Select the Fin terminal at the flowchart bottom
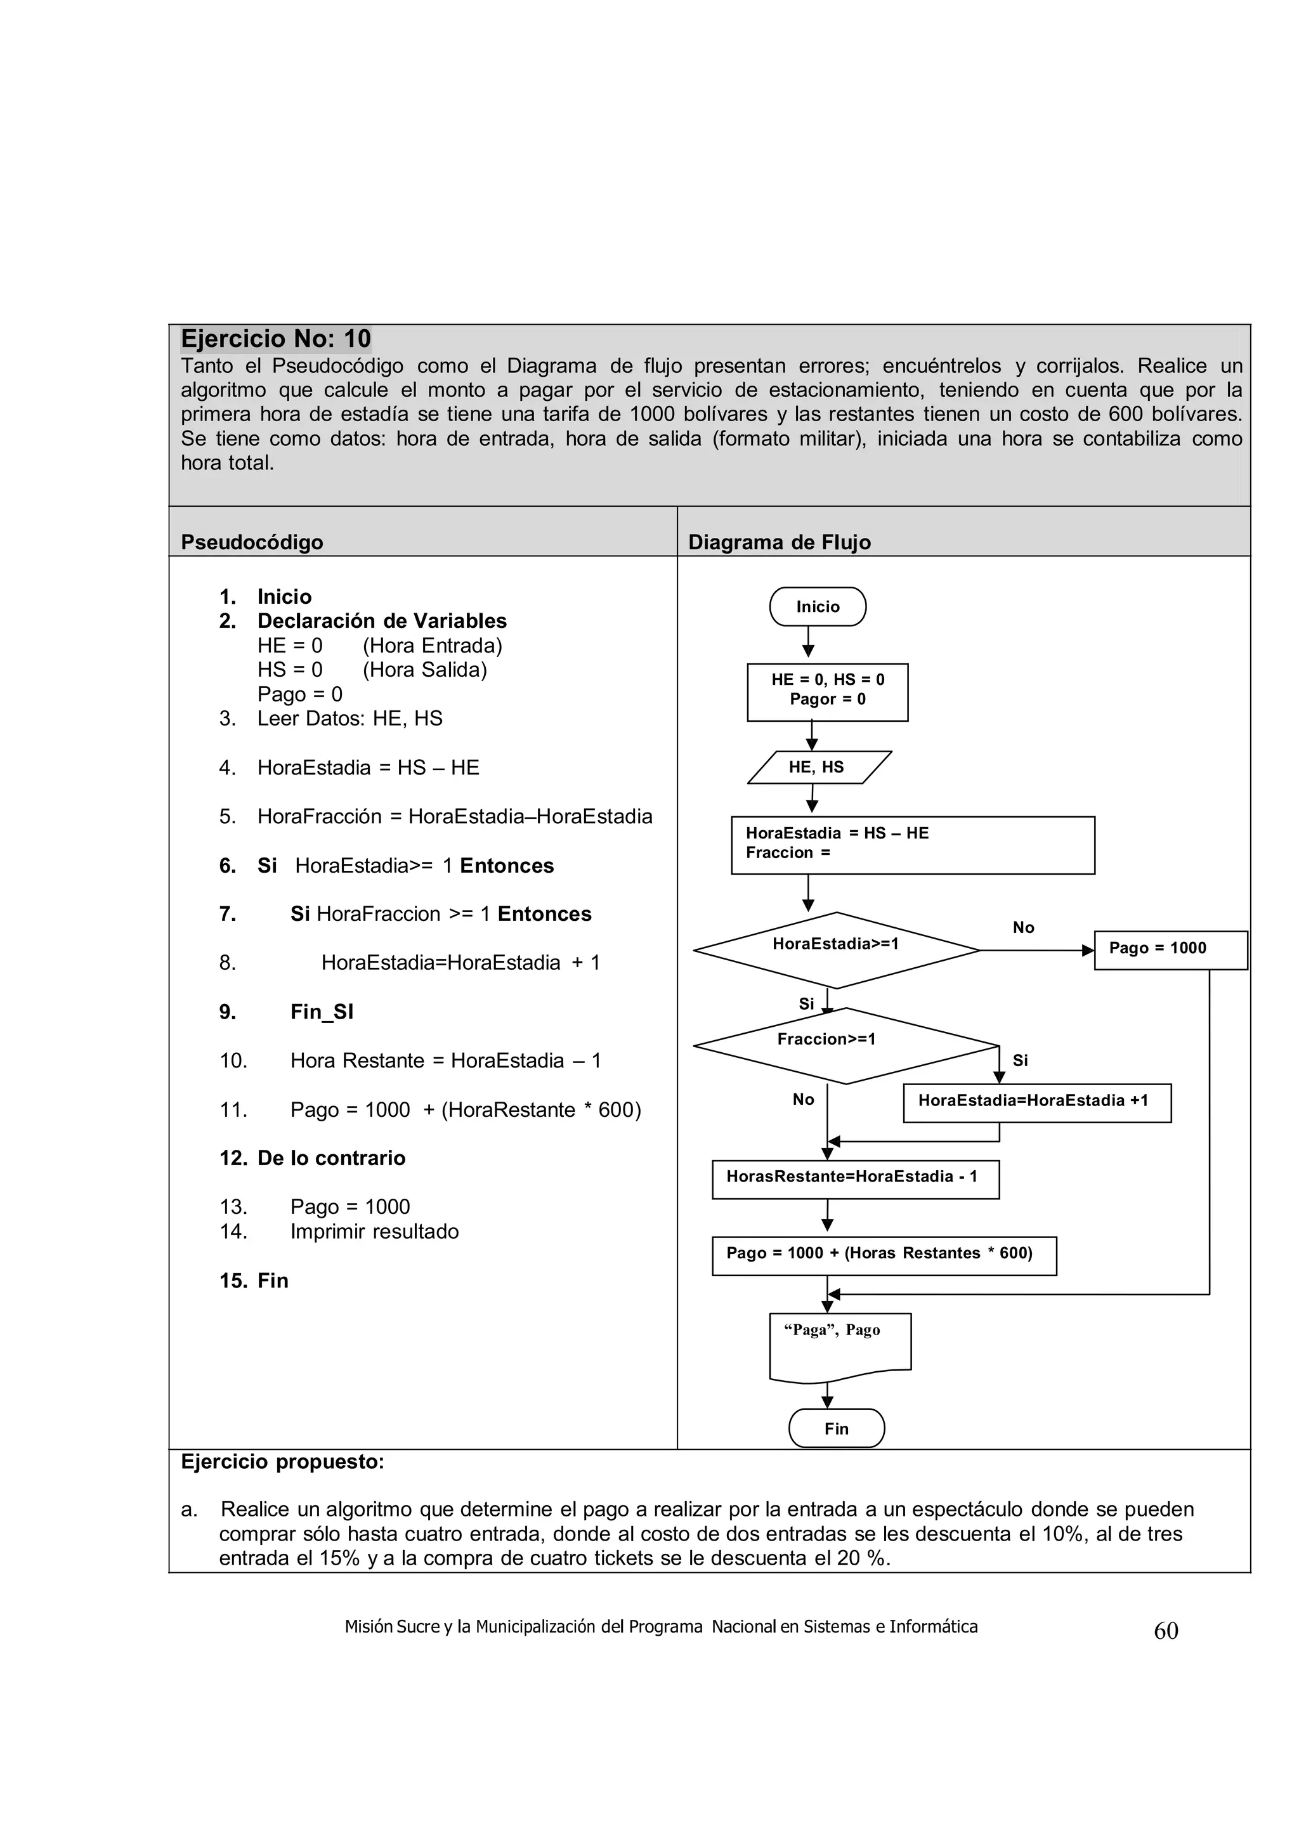pyautogui.click(x=837, y=1428)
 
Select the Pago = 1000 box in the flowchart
pyautogui.click(x=1170, y=949)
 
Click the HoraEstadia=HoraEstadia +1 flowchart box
pyautogui.click(x=1036, y=1102)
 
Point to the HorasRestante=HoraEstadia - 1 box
pyautogui.click(x=855, y=1178)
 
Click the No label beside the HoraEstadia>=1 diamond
pyautogui.click(x=1023, y=927)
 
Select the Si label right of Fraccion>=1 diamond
pyautogui.click(x=1020, y=1060)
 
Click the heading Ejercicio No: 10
pyautogui.click(x=275, y=339)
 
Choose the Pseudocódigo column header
pyautogui.click(x=252, y=542)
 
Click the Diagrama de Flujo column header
pyautogui.click(x=779, y=542)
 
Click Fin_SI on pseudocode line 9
pyautogui.click(x=321, y=1012)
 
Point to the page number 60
pyautogui.click(x=1165, y=1631)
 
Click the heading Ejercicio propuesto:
pyautogui.click(x=282, y=1462)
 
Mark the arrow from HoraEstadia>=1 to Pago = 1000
pyautogui.click(x=1036, y=950)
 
